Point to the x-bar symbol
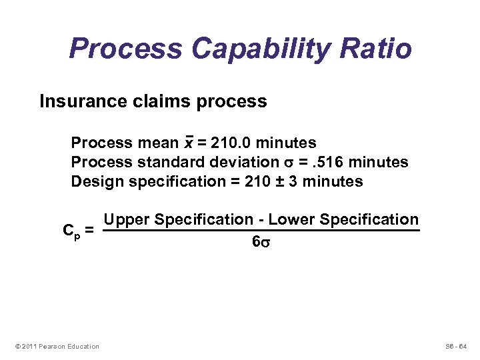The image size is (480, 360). (x=189, y=143)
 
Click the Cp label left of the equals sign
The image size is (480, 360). (x=71, y=231)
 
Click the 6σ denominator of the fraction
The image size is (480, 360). (x=261, y=243)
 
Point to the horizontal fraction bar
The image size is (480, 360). (x=261, y=231)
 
